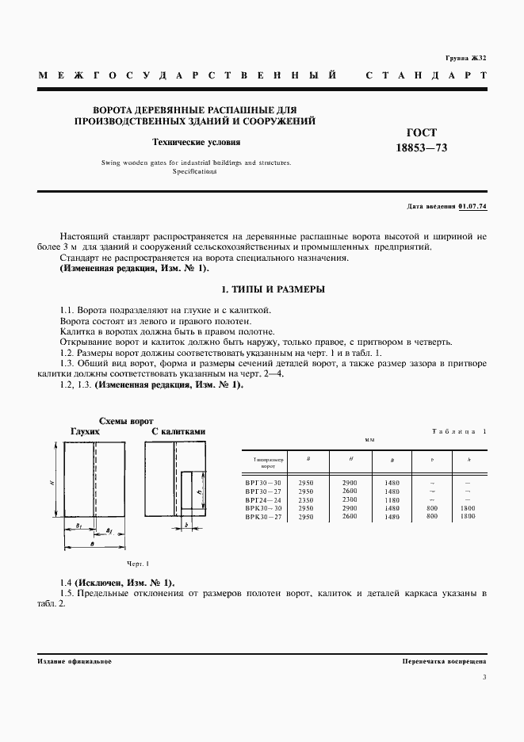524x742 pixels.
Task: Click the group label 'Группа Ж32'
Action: click(465, 59)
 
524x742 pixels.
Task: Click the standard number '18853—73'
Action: click(421, 147)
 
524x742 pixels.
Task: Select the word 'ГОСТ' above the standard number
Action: click(421, 132)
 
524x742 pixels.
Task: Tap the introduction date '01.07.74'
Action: click(472, 207)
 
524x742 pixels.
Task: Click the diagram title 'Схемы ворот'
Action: click(125, 421)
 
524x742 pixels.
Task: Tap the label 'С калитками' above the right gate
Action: click(178, 432)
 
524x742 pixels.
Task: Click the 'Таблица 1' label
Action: click(460, 431)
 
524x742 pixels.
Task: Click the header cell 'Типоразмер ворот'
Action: click(263, 461)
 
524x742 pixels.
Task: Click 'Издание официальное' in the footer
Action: click(75, 661)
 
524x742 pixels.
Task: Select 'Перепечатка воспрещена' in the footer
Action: click(445, 661)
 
